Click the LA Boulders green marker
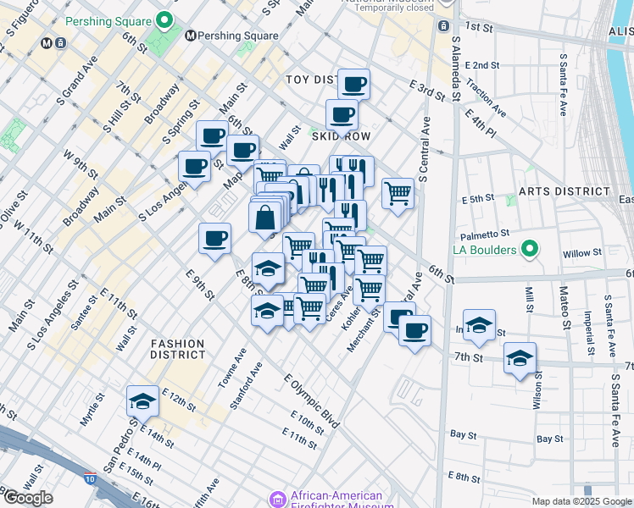[530, 249]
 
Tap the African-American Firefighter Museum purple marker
[277, 500]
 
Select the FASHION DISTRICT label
[178, 349]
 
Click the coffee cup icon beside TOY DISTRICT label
[353, 84]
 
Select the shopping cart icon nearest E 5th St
[398, 193]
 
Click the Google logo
[28, 498]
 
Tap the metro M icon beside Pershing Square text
[191, 36]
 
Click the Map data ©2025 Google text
[581, 502]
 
